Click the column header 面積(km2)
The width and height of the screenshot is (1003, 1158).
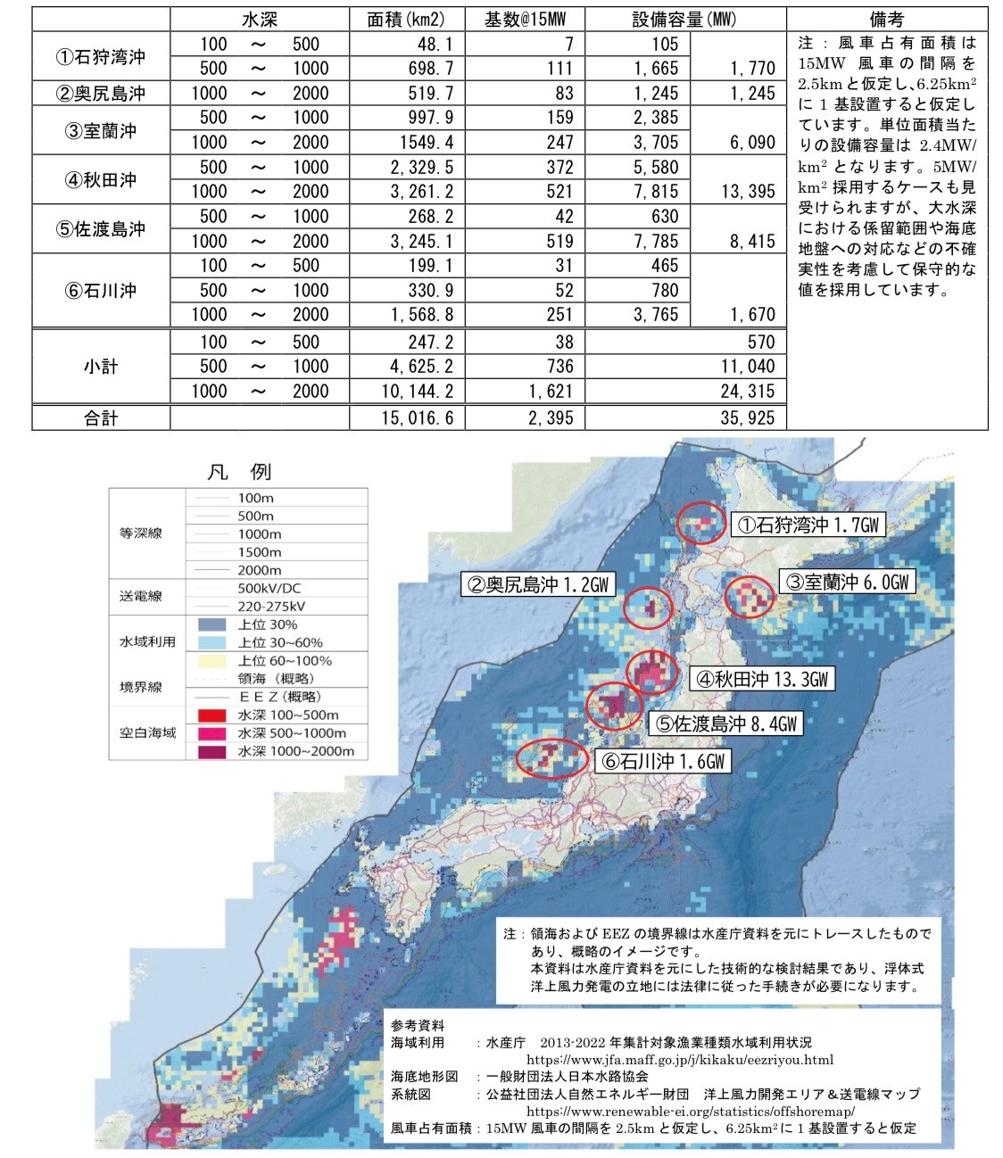pos(405,20)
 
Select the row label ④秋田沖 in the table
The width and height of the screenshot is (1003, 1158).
pos(101,179)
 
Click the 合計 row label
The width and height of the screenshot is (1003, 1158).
pos(101,418)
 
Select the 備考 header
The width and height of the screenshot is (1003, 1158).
pos(887,20)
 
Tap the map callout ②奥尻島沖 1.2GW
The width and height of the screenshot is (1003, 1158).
pos(537,585)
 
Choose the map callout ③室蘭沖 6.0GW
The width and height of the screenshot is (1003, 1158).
pos(848,582)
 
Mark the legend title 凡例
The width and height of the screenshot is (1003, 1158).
pos(238,471)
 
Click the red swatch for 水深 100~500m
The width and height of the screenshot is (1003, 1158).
pos(211,715)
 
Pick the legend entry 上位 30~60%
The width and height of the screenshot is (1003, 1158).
pos(280,642)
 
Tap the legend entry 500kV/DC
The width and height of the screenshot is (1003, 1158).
pos(269,588)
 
